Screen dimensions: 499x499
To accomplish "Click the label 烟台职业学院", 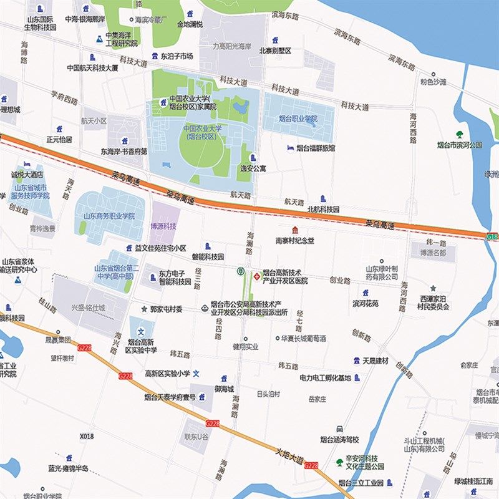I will [x=297, y=119].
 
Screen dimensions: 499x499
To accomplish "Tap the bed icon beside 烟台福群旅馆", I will [x=288, y=148].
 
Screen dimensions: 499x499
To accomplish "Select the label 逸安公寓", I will [x=253, y=168].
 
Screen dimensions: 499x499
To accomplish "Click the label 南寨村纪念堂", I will [x=295, y=240].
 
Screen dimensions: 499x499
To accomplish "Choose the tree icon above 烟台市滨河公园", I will [x=460, y=134].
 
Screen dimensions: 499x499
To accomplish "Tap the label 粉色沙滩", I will [x=433, y=82].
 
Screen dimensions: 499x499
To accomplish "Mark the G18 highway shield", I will [x=492, y=236].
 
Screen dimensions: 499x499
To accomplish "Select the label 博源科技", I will [x=163, y=226].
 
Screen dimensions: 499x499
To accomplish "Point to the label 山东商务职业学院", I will [x=109, y=216].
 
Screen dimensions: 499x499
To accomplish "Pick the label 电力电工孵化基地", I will [x=325, y=378].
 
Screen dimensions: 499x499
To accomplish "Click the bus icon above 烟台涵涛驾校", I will [x=339, y=429].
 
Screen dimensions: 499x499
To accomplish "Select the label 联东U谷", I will [x=196, y=438].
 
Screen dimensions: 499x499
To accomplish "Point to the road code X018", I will [x=87, y=437].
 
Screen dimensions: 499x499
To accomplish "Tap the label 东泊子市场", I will [x=177, y=56].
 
